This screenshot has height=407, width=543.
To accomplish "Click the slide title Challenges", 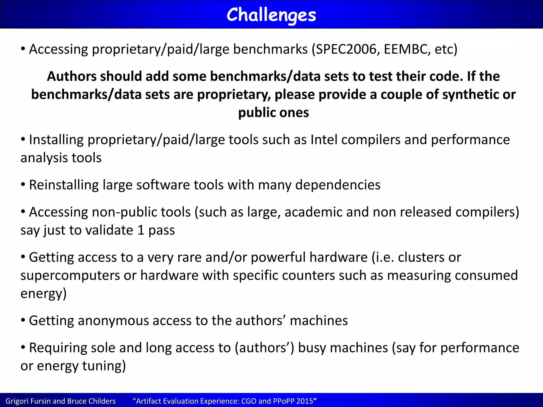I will pyautogui.click(x=271, y=15).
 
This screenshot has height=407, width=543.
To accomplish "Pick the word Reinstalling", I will pyautogui.click(x=64, y=185).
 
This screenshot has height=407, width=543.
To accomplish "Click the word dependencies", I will pyautogui.click(x=338, y=185).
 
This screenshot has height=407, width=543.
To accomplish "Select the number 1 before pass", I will pyautogui.click(x=141, y=230).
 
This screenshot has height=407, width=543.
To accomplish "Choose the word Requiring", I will pyautogui.click(x=58, y=348).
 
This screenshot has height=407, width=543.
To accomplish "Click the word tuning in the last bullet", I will pyautogui.click(x=104, y=366).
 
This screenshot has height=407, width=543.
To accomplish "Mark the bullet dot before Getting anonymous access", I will pyautogui.click(x=23, y=320).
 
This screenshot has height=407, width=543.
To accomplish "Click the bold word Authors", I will pyautogui.click(x=72, y=77).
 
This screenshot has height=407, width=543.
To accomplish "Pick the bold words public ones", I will pyautogui.click(x=273, y=113).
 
